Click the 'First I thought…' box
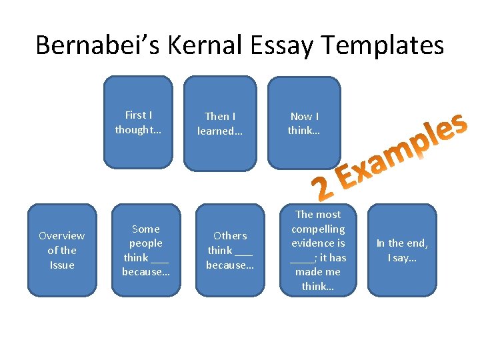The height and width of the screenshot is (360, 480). tap(138, 122)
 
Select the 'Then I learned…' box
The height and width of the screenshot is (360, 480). tap(220, 123)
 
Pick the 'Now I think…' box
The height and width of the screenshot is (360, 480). tap(304, 123)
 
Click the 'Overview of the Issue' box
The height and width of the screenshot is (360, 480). tap(61, 250)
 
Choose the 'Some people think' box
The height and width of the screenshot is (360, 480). tap(146, 250)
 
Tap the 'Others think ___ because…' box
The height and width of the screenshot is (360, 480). tap(229, 250)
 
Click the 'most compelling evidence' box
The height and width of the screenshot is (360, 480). tap(318, 250)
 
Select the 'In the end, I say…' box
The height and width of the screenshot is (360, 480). tap(402, 250)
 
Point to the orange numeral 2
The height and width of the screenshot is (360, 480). tap(323, 189)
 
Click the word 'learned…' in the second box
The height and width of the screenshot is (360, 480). tap(220, 131)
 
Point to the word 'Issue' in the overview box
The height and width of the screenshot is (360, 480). tap(61, 265)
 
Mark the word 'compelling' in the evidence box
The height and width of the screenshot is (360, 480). tap(318, 229)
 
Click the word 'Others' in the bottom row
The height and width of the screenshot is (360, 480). tap(230, 235)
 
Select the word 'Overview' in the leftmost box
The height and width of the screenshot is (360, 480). tap(61, 235)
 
